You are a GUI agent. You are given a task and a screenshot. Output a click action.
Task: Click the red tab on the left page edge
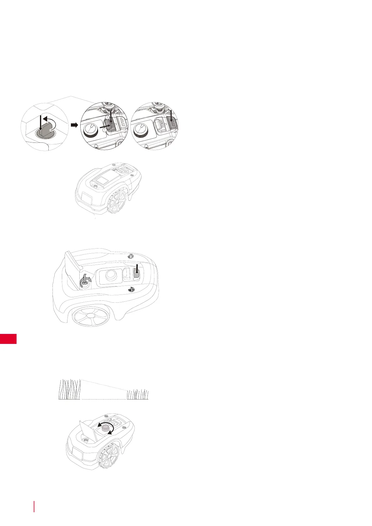8,339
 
